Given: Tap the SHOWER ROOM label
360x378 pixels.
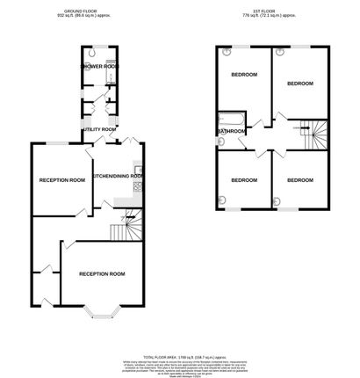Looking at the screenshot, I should (100, 67).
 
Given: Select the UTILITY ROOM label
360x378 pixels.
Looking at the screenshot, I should (99, 129).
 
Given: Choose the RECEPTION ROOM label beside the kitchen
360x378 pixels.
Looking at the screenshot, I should (62, 180).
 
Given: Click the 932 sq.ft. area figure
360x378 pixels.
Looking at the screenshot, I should (67, 16).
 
